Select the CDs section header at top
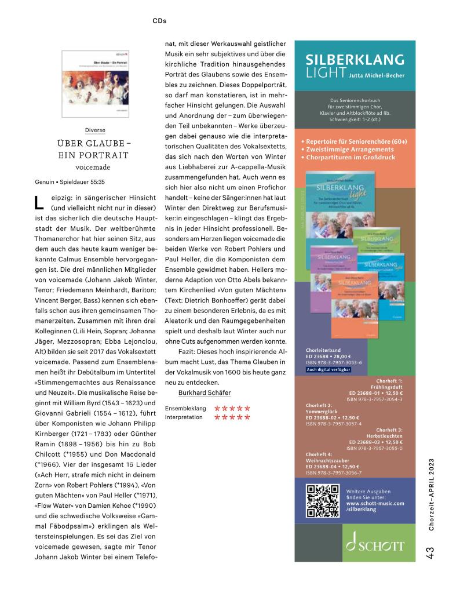pos(159,20)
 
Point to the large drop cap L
pos(39,203)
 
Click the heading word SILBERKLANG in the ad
pos(355,60)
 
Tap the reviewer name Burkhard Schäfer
pos(200,392)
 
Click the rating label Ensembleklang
pos(185,408)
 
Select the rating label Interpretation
pos(184,417)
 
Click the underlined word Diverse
pos(95,130)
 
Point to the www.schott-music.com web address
pos(375,503)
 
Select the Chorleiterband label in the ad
pos(323,351)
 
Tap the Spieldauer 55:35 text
pos(78,181)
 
